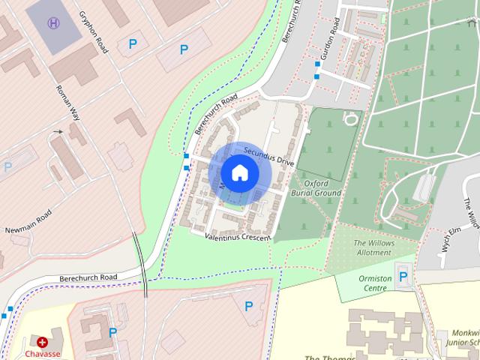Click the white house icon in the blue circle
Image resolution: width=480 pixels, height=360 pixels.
[x=239, y=172]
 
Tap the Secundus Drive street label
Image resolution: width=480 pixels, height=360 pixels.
[x=269, y=155]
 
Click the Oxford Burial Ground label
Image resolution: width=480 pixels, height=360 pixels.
[x=322, y=187]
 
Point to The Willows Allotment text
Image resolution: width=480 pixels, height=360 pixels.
[x=373, y=247]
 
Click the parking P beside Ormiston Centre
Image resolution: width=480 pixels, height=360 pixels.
[x=403, y=277]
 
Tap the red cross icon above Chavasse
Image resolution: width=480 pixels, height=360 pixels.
[x=42, y=342]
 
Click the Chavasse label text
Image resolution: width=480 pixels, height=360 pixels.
[x=42, y=353]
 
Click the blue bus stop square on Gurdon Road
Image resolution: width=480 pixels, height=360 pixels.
[x=317, y=76]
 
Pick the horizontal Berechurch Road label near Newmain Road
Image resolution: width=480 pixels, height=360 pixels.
[x=89, y=278]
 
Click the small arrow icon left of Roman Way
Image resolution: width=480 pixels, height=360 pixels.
[x=58, y=132]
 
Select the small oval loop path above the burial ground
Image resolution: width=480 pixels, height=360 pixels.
[x=350, y=118]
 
